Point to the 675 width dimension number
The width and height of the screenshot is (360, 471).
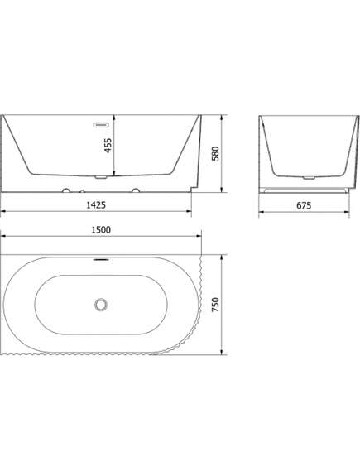click(x=303, y=205)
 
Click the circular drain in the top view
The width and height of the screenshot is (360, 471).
click(x=101, y=305)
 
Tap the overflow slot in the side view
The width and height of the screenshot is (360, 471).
click(x=101, y=125)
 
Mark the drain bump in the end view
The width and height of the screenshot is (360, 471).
click(x=309, y=177)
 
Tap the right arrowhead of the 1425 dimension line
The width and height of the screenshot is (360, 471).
click(x=190, y=212)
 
